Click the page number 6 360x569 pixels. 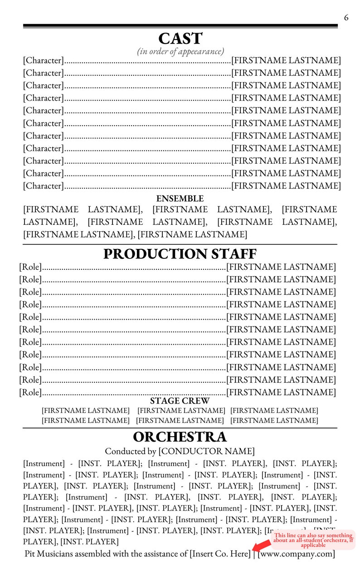pyautogui.click(x=346, y=18)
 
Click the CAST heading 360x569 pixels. pyautogui.click(x=180, y=39)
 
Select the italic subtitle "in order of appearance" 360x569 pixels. pyautogui.click(x=180, y=51)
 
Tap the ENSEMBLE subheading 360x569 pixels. pyautogui.click(x=180, y=199)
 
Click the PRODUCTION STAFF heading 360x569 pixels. pyautogui.click(x=180, y=254)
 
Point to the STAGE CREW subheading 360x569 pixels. pyautogui.click(x=180, y=401)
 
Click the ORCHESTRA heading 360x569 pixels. pyautogui.click(x=180, y=437)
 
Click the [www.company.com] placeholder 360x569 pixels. pyautogui.click(x=296, y=554)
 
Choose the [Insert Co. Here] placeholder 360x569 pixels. pyautogui.click(x=220, y=554)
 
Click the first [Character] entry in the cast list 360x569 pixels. pyautogui.click(x=43, y=60)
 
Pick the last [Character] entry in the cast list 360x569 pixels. pyautogui.click(x=43, y=186)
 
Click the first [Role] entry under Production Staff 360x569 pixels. pyautogui.click(x=30, y=267)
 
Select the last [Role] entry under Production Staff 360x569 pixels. pyautogui.click(x=30, y=392)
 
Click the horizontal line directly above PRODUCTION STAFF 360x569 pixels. pyautogui.click(x=180, y=244)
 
